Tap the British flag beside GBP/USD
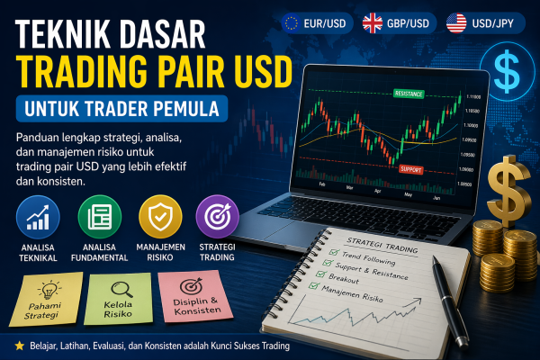point(373,22)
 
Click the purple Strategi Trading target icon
point(216,217)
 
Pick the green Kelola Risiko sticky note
point(118,299)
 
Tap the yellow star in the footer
point(19,345)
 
